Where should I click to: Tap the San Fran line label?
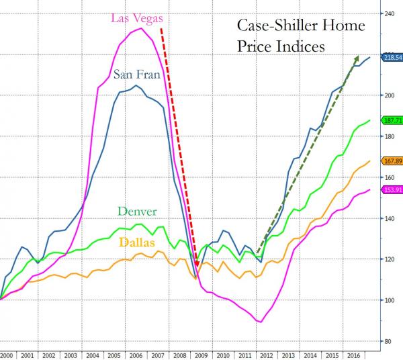coord(137,74)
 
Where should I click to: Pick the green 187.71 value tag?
coord(392,121)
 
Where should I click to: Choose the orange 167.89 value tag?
coord(392,161)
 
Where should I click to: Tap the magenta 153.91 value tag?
coord(392,190)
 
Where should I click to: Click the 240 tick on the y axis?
coord(388,13)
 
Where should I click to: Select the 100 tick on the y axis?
coord(388,300)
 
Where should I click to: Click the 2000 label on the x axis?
coord(7,353)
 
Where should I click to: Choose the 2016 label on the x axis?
coord(350,353)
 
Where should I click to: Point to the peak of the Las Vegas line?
coord(140,28)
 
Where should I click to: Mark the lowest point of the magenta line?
coord(261,322)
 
